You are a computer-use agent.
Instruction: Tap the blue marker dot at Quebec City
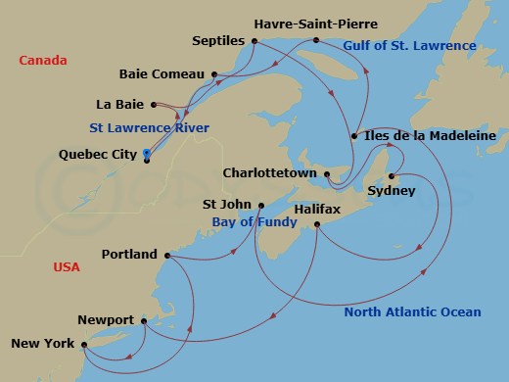(146, 153)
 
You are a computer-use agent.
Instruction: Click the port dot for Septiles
(254, 41)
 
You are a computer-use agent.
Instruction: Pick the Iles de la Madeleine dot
(353, 136)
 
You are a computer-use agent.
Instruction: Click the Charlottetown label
(270, 172)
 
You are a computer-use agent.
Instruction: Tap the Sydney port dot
(392, 176)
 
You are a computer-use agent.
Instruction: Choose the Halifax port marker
(318, 224)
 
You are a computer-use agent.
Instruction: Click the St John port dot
(261, 205)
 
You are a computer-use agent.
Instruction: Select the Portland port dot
(168, 256)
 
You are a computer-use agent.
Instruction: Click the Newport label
(107, 320)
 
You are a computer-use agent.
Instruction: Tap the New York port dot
(87, 345)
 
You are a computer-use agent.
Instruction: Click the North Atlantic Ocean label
(412, 312)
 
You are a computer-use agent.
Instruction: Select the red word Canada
(43, 61)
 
